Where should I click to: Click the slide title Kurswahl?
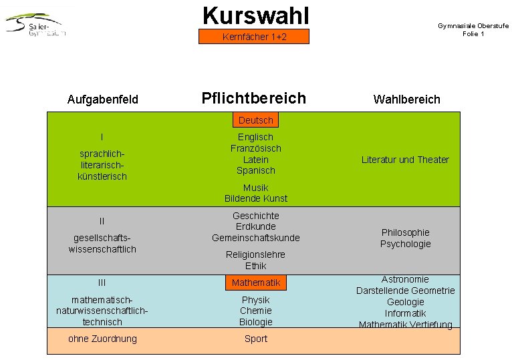pos(255,14)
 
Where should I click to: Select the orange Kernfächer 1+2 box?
pos(254,37)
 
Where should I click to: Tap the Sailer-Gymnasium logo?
pos(37,25)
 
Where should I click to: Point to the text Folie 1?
pos(473,34)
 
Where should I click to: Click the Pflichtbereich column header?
pos(253,99)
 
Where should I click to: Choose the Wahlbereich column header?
pos(406,100)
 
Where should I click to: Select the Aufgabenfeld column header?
pos(103,100)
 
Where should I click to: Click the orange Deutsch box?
pos(256,120)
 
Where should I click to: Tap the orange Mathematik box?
pos(256,283)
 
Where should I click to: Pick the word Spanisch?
pos(256,170)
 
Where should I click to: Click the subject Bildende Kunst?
pos(256,198)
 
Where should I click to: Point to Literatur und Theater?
pos(405,160)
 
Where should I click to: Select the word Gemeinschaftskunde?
pos(256,238)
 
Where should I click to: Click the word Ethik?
pos(256,266)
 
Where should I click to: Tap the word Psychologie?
pos(406,244)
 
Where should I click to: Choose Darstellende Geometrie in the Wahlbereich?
pos(405,291)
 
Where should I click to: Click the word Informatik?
pos(406,313)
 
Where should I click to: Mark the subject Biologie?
pos(256,322)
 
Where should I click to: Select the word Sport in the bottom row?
pos(256,339)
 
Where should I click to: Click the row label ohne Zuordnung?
pos(102,339)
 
